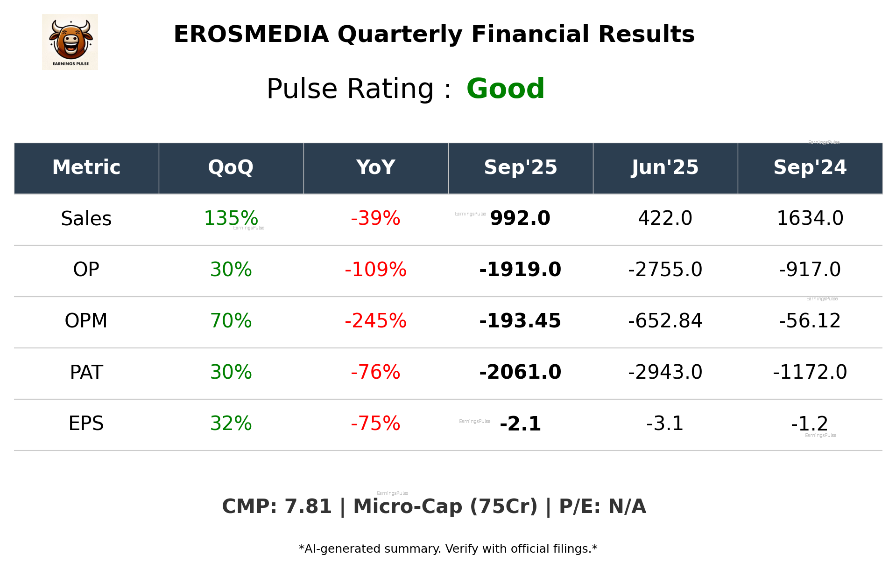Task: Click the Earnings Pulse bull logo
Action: pos(70,42)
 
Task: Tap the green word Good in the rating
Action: pos(505,89)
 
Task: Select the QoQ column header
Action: pos(231,167)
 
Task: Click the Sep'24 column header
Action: pos(810,167)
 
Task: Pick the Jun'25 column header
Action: pos(665,167)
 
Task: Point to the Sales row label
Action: pos(86,219)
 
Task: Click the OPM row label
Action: pos(86,321)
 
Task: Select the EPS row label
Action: pos(86,423)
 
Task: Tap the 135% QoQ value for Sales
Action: pos(231,218)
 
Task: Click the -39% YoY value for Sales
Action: pos(375,218)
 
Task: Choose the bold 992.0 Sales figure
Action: pos(520,218)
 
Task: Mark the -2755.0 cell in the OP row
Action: pos(665,270)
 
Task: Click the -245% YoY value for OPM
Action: pos(375,321)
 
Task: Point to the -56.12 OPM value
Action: pos(810,321)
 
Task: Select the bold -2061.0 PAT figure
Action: pos(520,372)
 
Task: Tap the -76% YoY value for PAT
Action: pos(375,372)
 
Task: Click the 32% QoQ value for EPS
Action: pos(231,423)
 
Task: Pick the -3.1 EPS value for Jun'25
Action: pos(665,423)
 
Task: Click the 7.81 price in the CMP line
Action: pos(308,507)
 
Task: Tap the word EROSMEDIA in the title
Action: pos(251,35)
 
